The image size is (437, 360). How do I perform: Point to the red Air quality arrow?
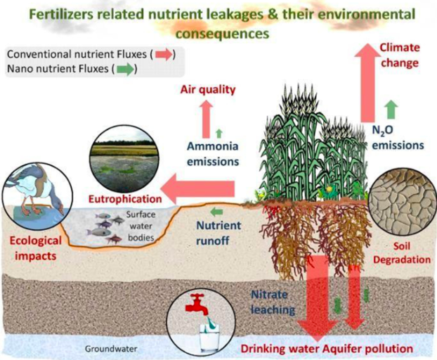(x=206, y=117)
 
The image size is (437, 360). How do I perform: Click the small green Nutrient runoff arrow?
(x=218, y=210)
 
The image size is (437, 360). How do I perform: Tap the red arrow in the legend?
(x=162, y=54)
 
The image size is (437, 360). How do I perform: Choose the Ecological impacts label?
(x=36, y=246)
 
